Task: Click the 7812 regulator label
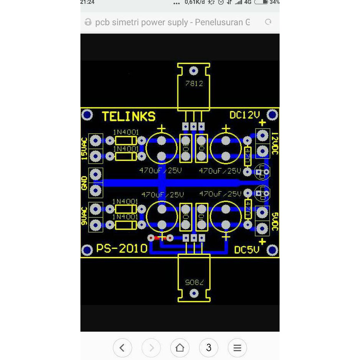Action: tap(194, 83)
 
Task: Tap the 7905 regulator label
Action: tap(194, 282)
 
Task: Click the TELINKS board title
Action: tap(129, 116)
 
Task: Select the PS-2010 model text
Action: tap(122, 249)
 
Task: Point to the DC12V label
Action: tap(245, 115)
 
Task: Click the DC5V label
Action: tap(247, 250)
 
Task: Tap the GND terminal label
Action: tap(84, 183)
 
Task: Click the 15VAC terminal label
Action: tap(84, 148)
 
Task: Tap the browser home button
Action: tap(180, 348)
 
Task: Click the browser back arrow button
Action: tap(122, 348)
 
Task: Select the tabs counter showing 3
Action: tap(208, 348)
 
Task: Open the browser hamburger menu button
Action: tap(237, 348)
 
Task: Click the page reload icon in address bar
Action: tap(268, 22)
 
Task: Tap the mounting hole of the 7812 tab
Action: tap(193, 70)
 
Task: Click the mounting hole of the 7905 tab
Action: tap(194, 294)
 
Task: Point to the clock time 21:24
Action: tap(87, 2)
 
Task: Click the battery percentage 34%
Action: tap(274, 2)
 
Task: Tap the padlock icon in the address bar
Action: tap(88, 22)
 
